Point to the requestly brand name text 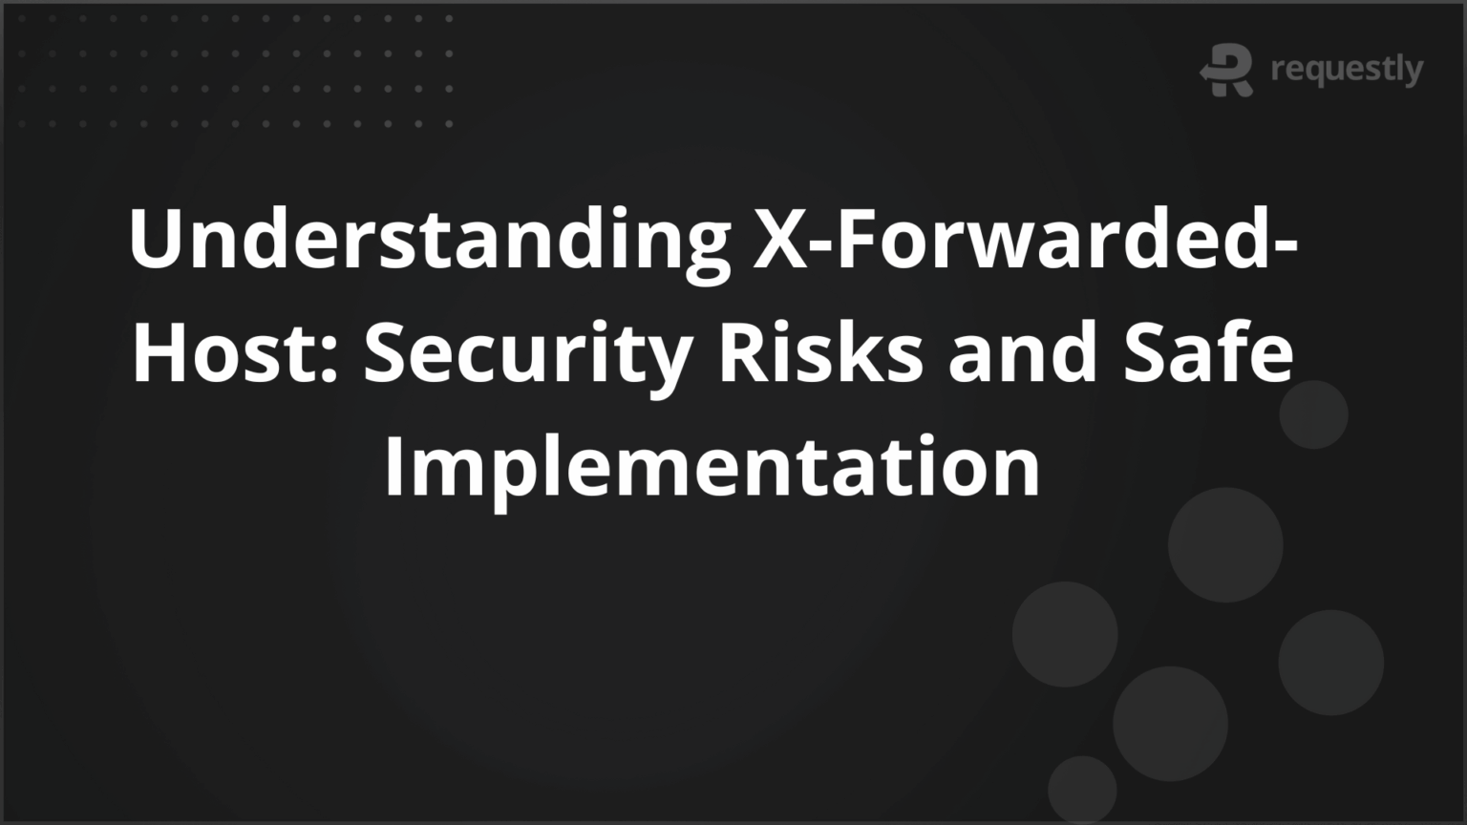[1347, 70]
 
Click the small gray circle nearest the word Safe [1313, 414]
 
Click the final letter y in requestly [1412, 73]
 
